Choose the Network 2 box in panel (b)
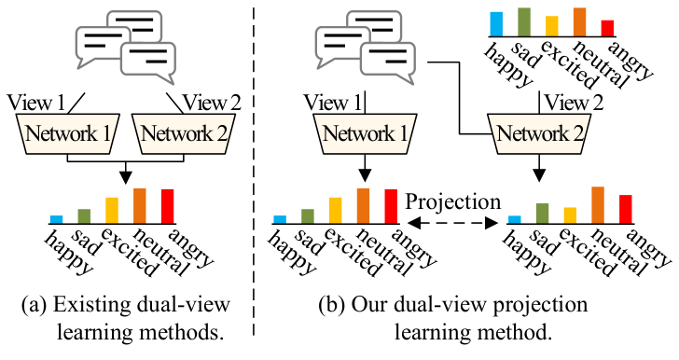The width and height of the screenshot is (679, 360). tap(538, 133)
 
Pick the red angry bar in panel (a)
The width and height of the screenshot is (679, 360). tap(168, 205)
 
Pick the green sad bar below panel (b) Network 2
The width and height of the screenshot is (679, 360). tap(542, 214)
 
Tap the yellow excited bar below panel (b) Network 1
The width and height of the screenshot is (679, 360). tap(335, 210)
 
